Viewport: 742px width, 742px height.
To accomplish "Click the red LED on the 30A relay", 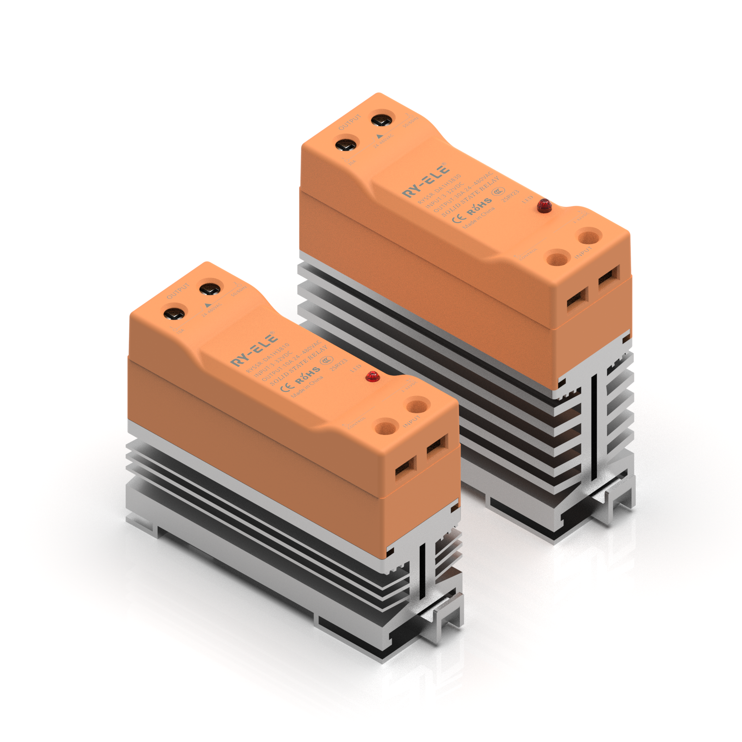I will [x=544, y=205].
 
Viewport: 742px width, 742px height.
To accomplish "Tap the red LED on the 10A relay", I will [x=372, y=376].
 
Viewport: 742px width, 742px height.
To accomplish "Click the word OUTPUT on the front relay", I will [x=178, y=291].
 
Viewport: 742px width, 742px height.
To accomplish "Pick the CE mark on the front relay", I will [x=288, y=386].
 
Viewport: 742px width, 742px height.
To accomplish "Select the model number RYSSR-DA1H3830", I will [x=439, y=189].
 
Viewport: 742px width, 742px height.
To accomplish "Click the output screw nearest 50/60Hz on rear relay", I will [x=382, y=121].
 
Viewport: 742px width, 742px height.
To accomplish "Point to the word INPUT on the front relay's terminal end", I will [x=411, y=421].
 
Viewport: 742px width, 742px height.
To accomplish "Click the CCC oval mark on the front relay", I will [x=327, y=360].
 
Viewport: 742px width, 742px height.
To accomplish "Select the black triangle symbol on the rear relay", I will [x=380, y=136].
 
